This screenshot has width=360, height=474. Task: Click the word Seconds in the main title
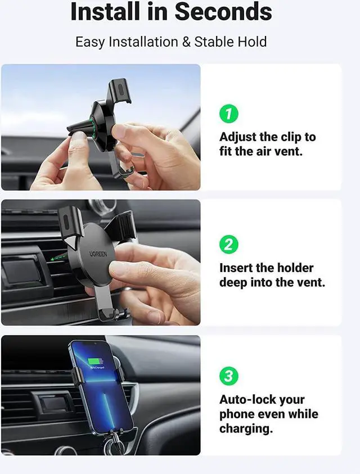[x=224, y=12]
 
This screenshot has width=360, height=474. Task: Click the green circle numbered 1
[x=228, y=114]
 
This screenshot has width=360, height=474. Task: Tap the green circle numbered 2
[x=228, y=245]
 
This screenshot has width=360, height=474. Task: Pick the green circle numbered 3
[x=228, y=376]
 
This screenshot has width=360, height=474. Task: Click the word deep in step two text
[x=233, y=282]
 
